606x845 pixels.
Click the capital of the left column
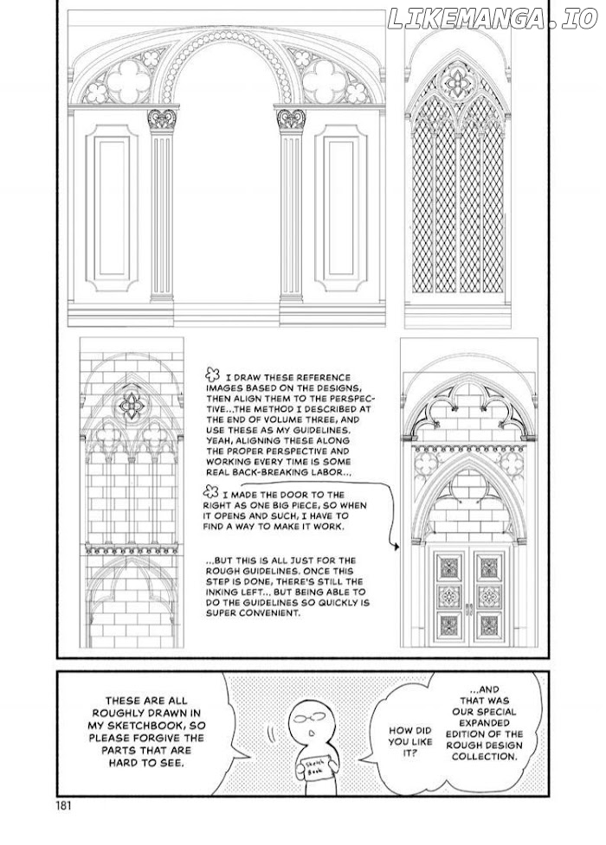coord(161,118)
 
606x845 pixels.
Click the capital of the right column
coord(290,118)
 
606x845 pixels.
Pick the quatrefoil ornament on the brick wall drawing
coord(132,403)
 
